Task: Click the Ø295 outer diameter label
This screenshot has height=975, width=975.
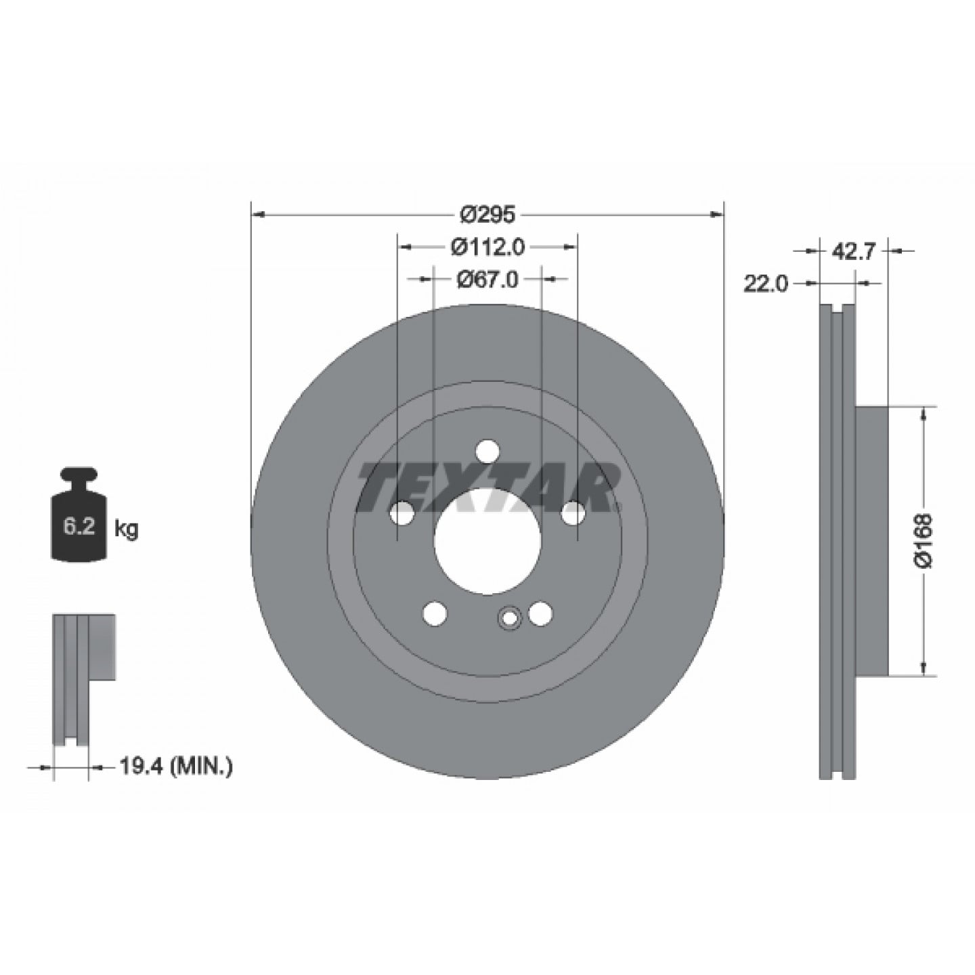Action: pyautogui.click(x=487, y=215)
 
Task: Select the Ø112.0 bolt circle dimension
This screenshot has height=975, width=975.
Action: pyautogui.click(x=487, y=247)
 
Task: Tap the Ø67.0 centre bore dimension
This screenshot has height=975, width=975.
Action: pyautogui.click(x=487, y=279)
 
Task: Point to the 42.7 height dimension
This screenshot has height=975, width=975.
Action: pyautogui.click(x=852, y=252)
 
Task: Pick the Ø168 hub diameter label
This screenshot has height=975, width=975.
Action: pyautogui.click(x=924, y=541)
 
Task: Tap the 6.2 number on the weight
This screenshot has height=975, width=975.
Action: pyautogui.click(x=79, y=527)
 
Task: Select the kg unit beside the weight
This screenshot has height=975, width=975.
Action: pyautogui.click(x=125, y=529)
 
